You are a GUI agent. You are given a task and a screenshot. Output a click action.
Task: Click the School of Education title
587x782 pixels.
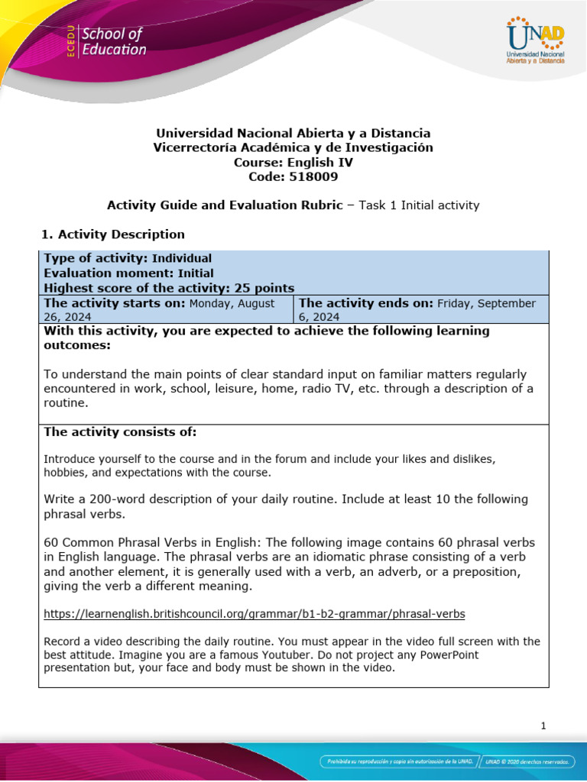tap(113, 42)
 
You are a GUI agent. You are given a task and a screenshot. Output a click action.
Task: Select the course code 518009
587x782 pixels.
tap(293, 176)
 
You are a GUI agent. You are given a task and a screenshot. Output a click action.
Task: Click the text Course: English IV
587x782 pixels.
tap(293, 162)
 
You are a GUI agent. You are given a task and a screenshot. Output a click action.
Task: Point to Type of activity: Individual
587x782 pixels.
tap(128, 258)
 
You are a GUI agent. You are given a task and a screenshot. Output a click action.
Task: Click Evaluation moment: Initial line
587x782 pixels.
tap(128, 273)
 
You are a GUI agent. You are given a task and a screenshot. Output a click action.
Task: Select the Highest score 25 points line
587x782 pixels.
tap(169, 288)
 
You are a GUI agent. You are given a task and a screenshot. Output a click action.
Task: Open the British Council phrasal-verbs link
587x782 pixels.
tap(255, 613)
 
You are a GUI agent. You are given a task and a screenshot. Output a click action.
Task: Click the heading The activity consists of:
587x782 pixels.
tap(120, 432)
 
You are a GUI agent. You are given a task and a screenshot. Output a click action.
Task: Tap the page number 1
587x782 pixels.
tap(543, 726)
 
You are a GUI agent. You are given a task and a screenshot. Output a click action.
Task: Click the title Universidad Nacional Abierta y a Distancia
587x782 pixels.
tap(293, 133)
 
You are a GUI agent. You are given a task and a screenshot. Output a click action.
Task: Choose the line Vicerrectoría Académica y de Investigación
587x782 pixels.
tap(293, 147)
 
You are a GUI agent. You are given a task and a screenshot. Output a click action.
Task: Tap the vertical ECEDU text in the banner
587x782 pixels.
tap(70, 42)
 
